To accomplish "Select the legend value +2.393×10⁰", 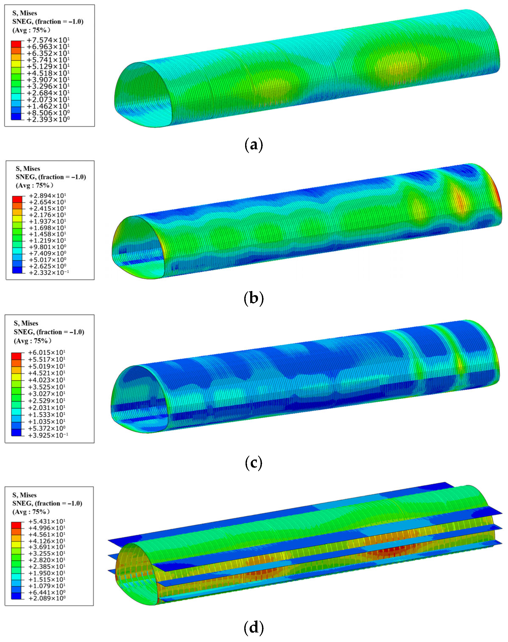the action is [x=48, y=119].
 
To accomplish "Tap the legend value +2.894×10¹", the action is [x=48, y=196].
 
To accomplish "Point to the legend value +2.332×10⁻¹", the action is [x=49, y=273].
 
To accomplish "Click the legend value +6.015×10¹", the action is [x=47, y=353].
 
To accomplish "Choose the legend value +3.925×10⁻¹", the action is [x=48, y=435].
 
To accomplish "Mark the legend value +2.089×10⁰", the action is [x=47, y=598].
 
